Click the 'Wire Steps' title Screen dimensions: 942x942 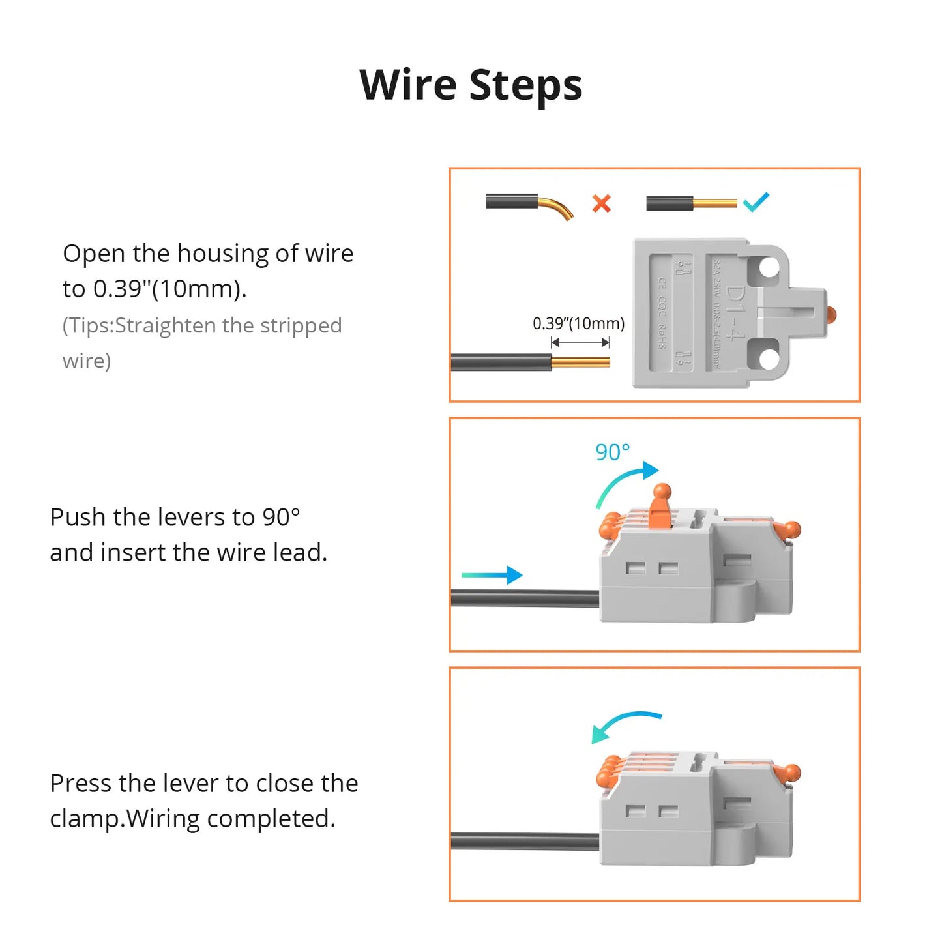tap(471, 85)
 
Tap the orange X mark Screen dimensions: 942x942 tap(601, 203)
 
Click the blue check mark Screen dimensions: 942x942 tap(756, 202)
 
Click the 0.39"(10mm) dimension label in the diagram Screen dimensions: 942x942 tap(578, 323)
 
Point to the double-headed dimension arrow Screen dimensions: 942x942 tap(580, 342)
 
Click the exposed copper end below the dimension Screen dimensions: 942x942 tap(580, 362)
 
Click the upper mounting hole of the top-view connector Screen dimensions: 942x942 tap(769, 268)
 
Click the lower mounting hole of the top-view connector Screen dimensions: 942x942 tap(769, 359)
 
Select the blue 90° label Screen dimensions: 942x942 tap(612, 452)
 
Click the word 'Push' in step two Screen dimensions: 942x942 tap(78, 517)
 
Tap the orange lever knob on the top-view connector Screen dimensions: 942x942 tap(831, 315)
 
